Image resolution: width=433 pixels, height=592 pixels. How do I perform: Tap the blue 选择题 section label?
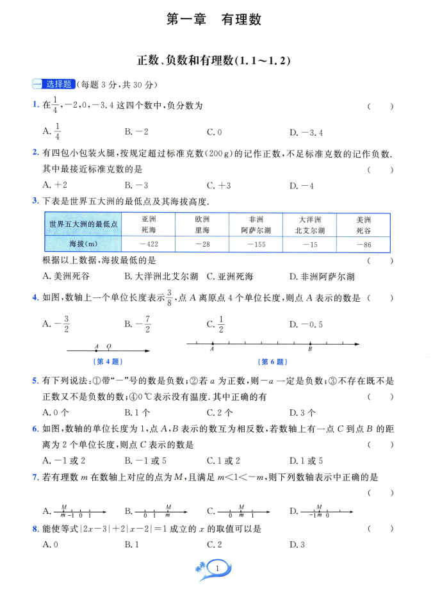(54, 84)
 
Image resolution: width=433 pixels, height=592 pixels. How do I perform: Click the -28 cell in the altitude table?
(203, 244)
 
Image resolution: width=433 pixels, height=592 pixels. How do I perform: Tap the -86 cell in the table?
(364, 244)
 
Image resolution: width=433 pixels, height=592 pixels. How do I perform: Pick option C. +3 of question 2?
(218, 186)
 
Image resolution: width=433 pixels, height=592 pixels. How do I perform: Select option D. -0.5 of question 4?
(306, 324)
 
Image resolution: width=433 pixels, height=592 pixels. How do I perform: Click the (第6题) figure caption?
(272, 362)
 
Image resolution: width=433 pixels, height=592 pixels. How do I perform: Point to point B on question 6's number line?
(310, 344)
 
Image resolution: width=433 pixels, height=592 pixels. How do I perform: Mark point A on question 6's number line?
(212, 344)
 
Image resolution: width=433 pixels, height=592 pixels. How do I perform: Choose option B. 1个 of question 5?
(137, 413)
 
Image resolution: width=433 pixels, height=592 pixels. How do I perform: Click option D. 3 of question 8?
(298, 545)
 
